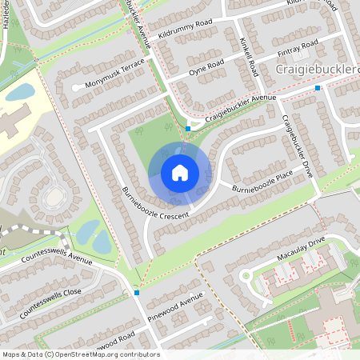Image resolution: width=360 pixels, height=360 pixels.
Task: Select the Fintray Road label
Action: click(x=298, y=46)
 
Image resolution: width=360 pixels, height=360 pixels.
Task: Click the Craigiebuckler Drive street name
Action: click(x=297, y=146)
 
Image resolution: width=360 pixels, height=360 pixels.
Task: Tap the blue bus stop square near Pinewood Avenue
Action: click(x=138, y=293)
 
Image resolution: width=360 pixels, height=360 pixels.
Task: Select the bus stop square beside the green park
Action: click(x=188, y=128)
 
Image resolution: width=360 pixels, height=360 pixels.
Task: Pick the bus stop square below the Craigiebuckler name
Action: click(x=318, y=88)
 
